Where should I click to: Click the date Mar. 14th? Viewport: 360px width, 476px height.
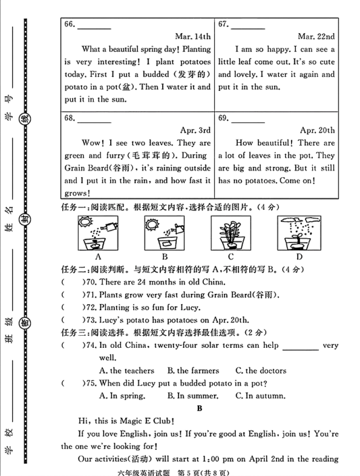pos(192,36)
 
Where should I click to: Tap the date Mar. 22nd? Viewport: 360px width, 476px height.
pos(316,36)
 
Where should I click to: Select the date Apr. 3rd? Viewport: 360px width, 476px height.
pos(195,130)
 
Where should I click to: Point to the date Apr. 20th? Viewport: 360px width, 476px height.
pos(317,130)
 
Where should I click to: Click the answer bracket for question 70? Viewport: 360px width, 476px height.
pos(71,282)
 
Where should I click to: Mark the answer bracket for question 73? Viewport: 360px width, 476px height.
pos(71,320)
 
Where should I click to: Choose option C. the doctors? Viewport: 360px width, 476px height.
pos(261,371)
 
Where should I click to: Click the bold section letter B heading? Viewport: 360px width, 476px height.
pos(199,409)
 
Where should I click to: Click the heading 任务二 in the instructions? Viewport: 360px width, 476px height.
pos(74,269)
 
